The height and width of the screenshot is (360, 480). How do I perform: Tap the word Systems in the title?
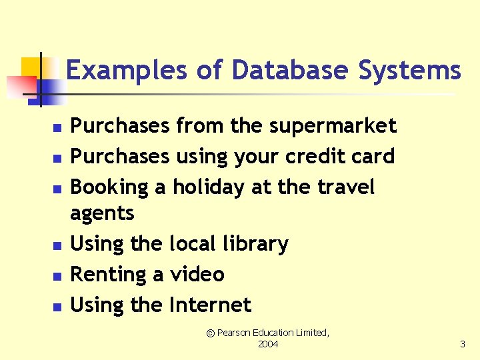[409, 70]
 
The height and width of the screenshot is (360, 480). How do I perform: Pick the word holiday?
[209, 187]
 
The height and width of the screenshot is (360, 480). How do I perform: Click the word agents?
[102, 213]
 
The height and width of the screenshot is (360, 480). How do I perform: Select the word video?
[197, 274]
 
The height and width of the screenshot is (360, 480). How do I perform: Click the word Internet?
[210, 305]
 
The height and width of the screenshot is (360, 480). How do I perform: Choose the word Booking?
[109, 187]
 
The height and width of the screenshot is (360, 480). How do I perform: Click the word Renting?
[109, 274]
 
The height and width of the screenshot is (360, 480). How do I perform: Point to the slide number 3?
[463, 344]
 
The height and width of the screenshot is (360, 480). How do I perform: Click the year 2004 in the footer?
[268, 344]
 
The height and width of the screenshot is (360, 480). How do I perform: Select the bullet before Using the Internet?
[57, 307]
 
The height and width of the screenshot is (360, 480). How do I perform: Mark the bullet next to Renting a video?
[57, 276]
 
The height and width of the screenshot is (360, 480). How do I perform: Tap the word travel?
[346, 187]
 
